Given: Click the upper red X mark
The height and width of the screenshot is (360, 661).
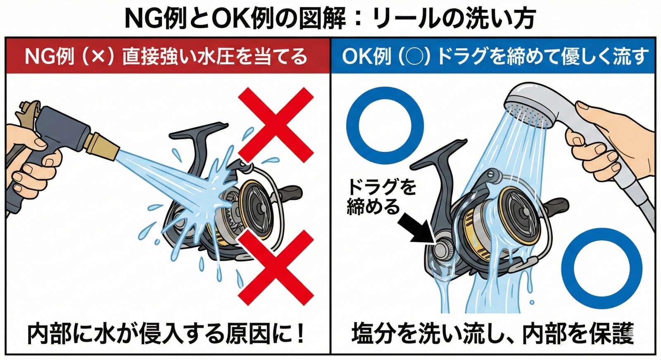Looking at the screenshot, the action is [276, 125].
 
